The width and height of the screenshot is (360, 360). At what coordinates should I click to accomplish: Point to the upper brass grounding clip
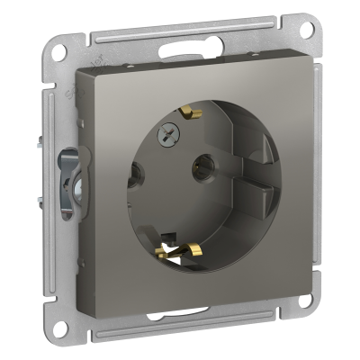click(189, 112)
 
